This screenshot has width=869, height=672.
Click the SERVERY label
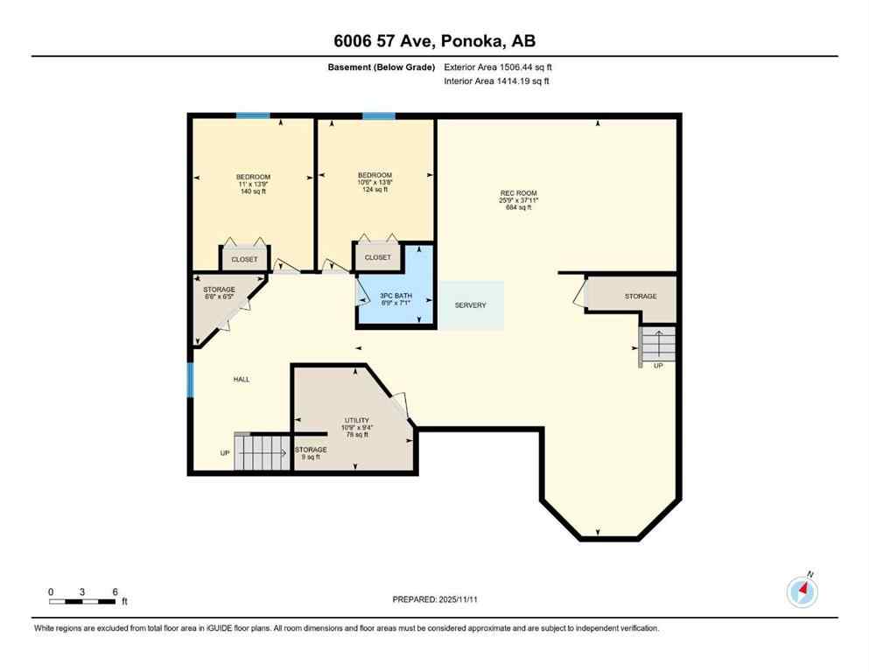coord(470,305)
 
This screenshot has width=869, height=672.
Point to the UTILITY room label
coord(356,427)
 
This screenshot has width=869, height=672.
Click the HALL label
coord(242,379)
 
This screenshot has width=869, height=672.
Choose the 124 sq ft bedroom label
coord(375,182)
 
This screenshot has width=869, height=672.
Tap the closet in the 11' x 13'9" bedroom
coord(245,259)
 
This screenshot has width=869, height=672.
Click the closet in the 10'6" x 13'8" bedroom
coord(378,257)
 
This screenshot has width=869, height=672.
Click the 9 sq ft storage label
coord(310,452)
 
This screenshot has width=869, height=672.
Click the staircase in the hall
coord(261,452)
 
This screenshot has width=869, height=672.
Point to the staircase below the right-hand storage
coord(657,345)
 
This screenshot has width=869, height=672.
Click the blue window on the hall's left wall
coord(190,381)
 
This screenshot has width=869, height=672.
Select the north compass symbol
coord(802,592)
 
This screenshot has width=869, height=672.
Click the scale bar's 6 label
coord(115,591)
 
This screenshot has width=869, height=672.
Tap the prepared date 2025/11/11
coord(434,599)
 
